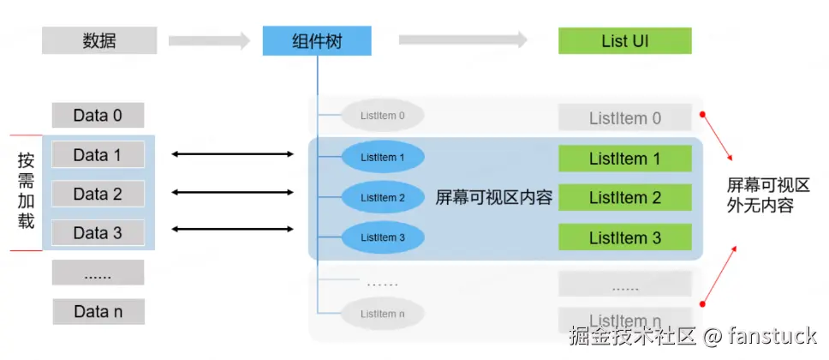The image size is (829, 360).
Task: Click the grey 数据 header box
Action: (x=99, y=40)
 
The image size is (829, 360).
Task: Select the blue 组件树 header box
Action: (x=317, y=40)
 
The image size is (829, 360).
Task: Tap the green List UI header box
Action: (x=624, y=40)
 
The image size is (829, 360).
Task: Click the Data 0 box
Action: (x=98, y=115)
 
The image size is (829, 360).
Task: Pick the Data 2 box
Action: (x=98, y=194)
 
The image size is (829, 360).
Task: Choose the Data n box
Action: (x=98, y=311)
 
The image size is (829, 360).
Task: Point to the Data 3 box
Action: (x=98, y=232)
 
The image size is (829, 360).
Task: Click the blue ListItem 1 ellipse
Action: (x=383, y=158)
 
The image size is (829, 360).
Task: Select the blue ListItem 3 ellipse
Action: (x=383, y=237)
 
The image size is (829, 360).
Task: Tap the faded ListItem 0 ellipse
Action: (x=383, y=115)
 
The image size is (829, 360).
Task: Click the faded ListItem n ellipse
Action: (x=383, y=314)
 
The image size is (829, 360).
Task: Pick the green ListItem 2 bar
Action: (x=624, y=198)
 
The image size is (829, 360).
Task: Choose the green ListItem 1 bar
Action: (x=624, y=159)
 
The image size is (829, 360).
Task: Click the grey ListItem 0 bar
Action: (x=624, y=118)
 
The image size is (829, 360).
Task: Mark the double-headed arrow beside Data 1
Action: (x=232, y=154)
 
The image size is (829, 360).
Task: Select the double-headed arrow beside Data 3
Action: (x=232, y=229)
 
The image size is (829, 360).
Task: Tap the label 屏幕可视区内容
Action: (x=494, y=198)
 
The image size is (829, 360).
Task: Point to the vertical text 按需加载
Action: (x=27, y=191)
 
